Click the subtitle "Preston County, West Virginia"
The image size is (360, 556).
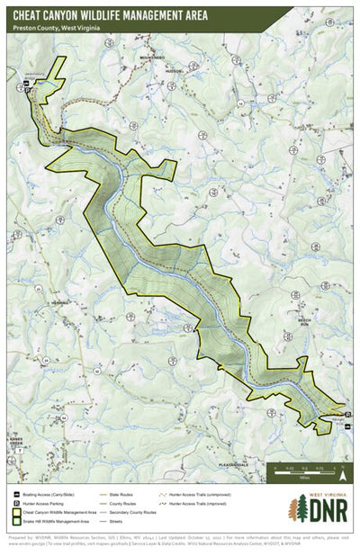pos(57,29)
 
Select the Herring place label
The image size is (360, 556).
pos(60,303)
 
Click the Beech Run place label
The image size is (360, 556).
pos(305,319)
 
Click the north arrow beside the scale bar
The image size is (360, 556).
pos(342,469)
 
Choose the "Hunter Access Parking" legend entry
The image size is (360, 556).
pos(50,503)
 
